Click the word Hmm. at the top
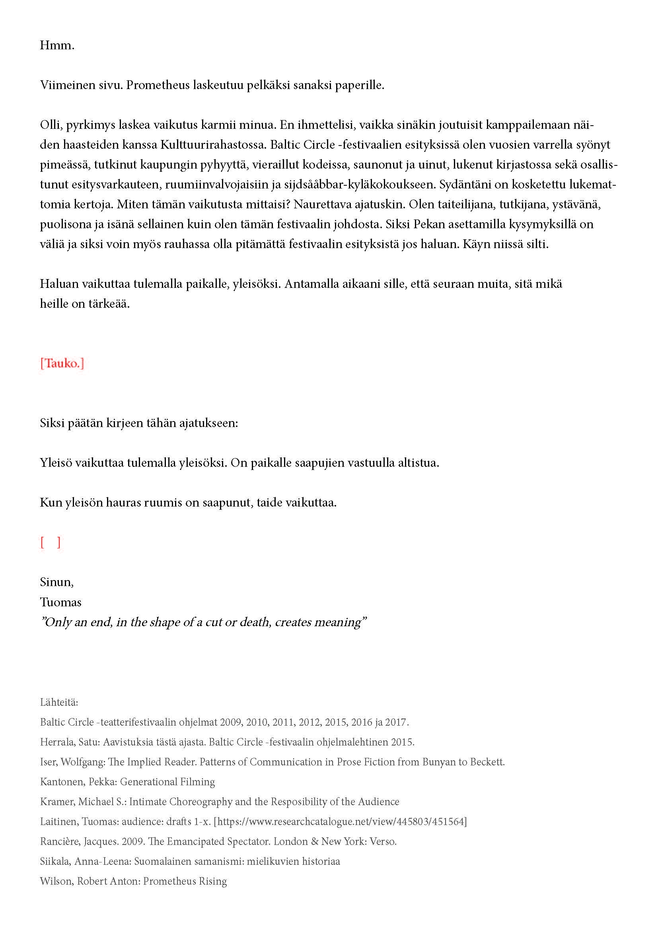[x=57, y=45]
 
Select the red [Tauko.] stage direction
[x=62, y=363]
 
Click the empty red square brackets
[x=51, y=542]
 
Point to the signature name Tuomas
[x=61, y=602]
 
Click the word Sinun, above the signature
[x=57, y=582]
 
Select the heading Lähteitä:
[x=59, y=702]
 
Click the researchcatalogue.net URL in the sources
[x=341, y=822]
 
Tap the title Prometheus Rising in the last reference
[x=185, y=881]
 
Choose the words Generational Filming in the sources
[x=167, y=782]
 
